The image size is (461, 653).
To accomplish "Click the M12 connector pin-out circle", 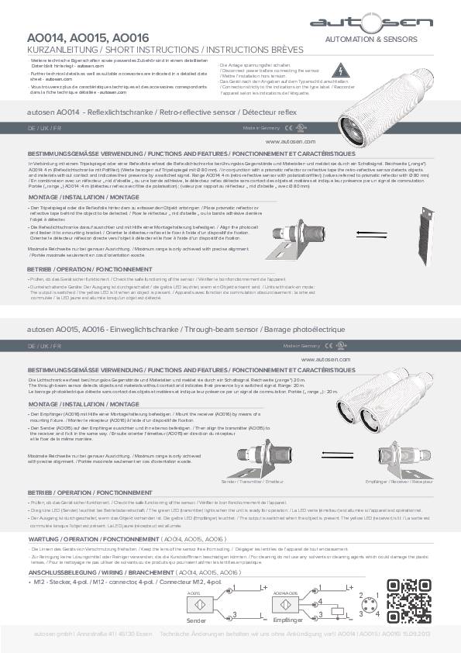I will tap(366, 610).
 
